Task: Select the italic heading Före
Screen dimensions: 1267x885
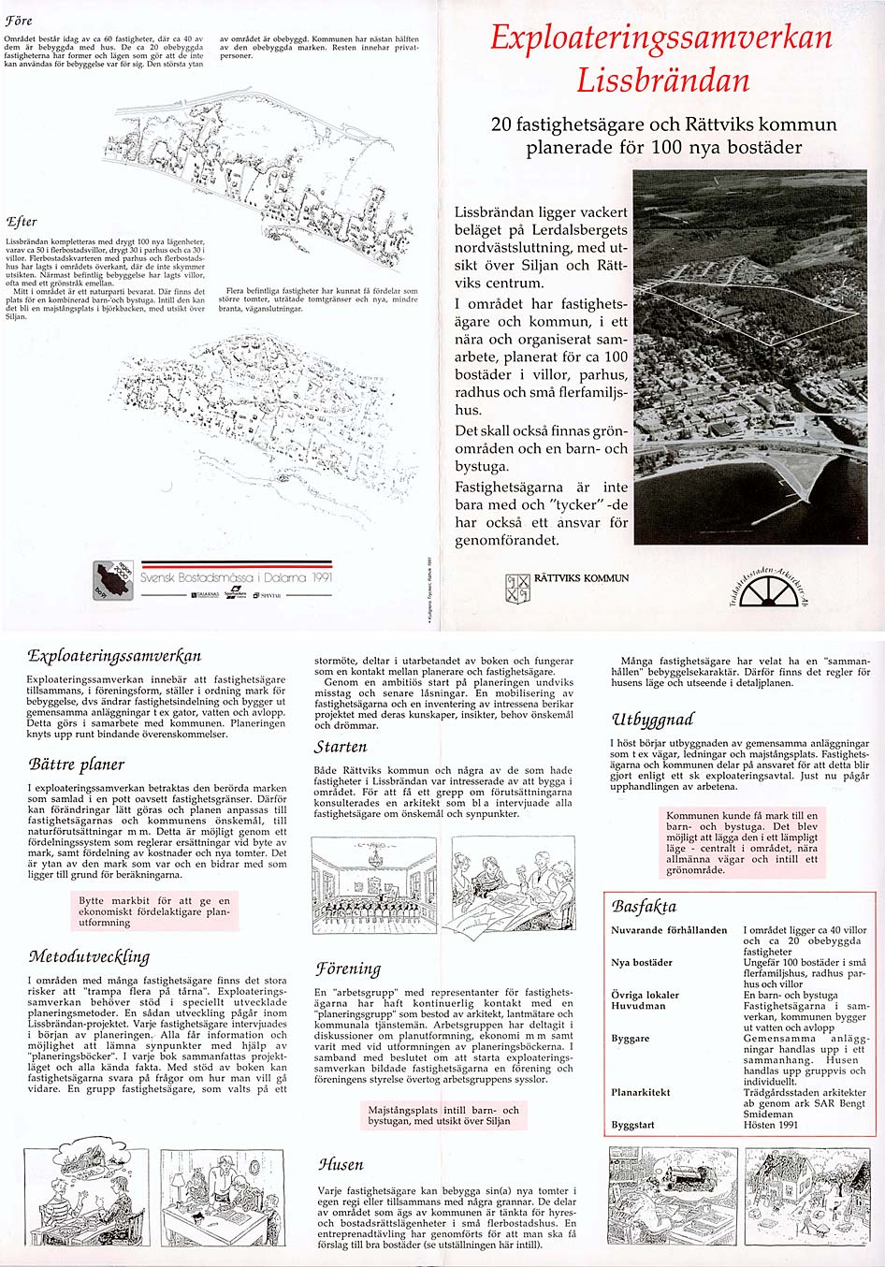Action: [19, 21]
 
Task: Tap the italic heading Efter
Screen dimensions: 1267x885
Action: [21, 222]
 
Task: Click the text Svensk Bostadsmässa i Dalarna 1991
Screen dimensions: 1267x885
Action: [236, 578]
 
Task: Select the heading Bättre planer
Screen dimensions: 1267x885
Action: [76, 765]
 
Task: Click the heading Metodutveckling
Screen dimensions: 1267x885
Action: [89, 956]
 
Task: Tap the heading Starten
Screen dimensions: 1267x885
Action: [341, 747]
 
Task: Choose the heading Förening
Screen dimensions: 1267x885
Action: [348, 968]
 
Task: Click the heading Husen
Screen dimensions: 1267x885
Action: [341, 1165]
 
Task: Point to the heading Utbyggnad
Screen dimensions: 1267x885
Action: [652, 720]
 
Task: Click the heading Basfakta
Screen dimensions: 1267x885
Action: [644, 907]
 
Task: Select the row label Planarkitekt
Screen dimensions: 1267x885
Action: [641, 1092]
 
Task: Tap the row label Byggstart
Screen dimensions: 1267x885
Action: [633, 1125]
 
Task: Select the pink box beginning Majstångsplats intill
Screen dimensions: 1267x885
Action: [443, 1115]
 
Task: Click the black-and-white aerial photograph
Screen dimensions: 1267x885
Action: [750, 357]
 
